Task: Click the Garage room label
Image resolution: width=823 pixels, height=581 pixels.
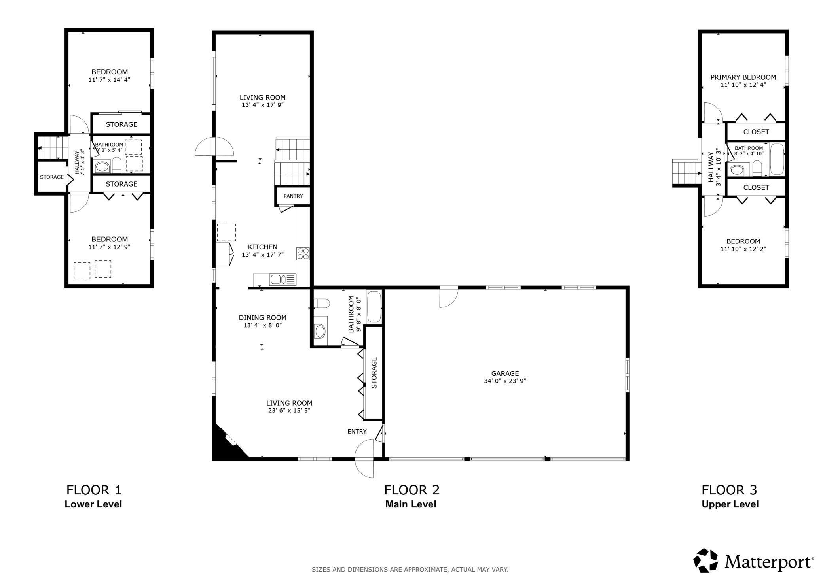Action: pos(505,373)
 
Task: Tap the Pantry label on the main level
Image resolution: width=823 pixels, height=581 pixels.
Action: pos(293,196)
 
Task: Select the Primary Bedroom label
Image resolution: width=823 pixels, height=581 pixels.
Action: pos(743,77)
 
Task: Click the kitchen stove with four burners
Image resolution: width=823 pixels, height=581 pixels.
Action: pos(303,253)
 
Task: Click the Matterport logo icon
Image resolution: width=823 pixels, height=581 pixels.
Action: pos(706,560)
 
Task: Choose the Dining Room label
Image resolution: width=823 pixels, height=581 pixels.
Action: pos(262,318)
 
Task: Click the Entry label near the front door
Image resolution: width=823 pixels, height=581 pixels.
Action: pos(357,432)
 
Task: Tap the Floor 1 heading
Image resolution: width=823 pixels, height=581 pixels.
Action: pos(94,490)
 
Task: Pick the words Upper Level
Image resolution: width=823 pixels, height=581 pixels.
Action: pos(730,504)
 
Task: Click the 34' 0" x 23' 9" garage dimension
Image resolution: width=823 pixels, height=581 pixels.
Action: pos(505,381)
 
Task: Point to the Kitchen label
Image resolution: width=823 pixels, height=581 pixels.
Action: pos(263,247)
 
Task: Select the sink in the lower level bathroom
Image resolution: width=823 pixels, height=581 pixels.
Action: pos(102,167)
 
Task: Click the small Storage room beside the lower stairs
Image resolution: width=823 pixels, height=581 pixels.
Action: pos(52,177)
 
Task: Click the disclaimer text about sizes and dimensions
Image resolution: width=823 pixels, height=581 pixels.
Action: pos(410,570)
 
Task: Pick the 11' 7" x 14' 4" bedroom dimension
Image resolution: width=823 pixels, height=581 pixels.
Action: pos(109,80)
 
